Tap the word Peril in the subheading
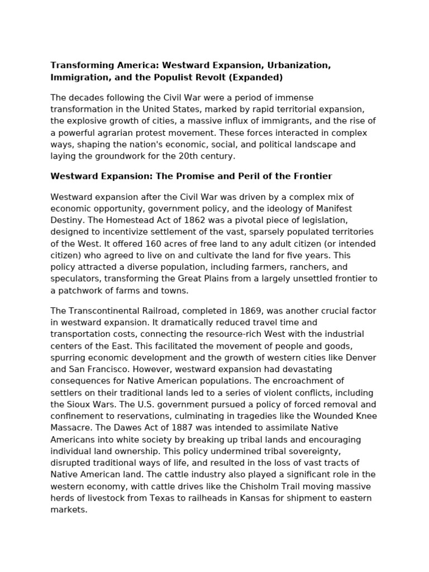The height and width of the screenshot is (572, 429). pyautogui.click(x=234, y=177)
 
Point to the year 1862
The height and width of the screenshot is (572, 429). pyautogui.click(x=185, y=220)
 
